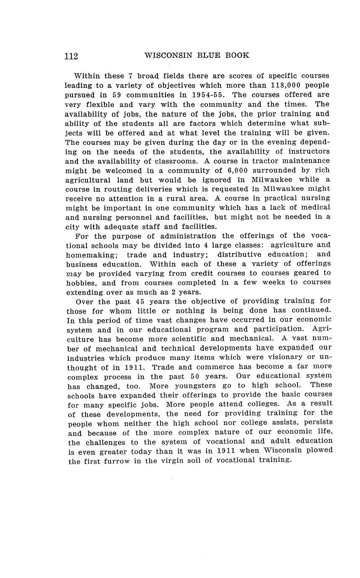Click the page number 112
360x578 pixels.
coord(71,56)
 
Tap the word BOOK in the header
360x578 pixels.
coord(236,55)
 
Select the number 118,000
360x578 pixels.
coord(285,85)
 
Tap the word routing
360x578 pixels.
coord(114,189)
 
